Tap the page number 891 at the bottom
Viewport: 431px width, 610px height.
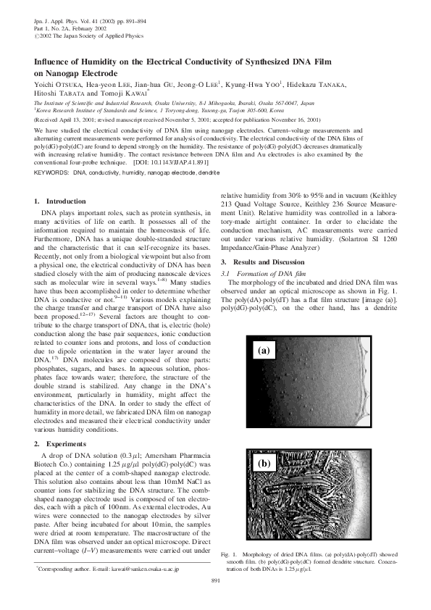(x=215, y=581)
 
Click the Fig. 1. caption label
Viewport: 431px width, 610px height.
(x=229, y=554)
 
